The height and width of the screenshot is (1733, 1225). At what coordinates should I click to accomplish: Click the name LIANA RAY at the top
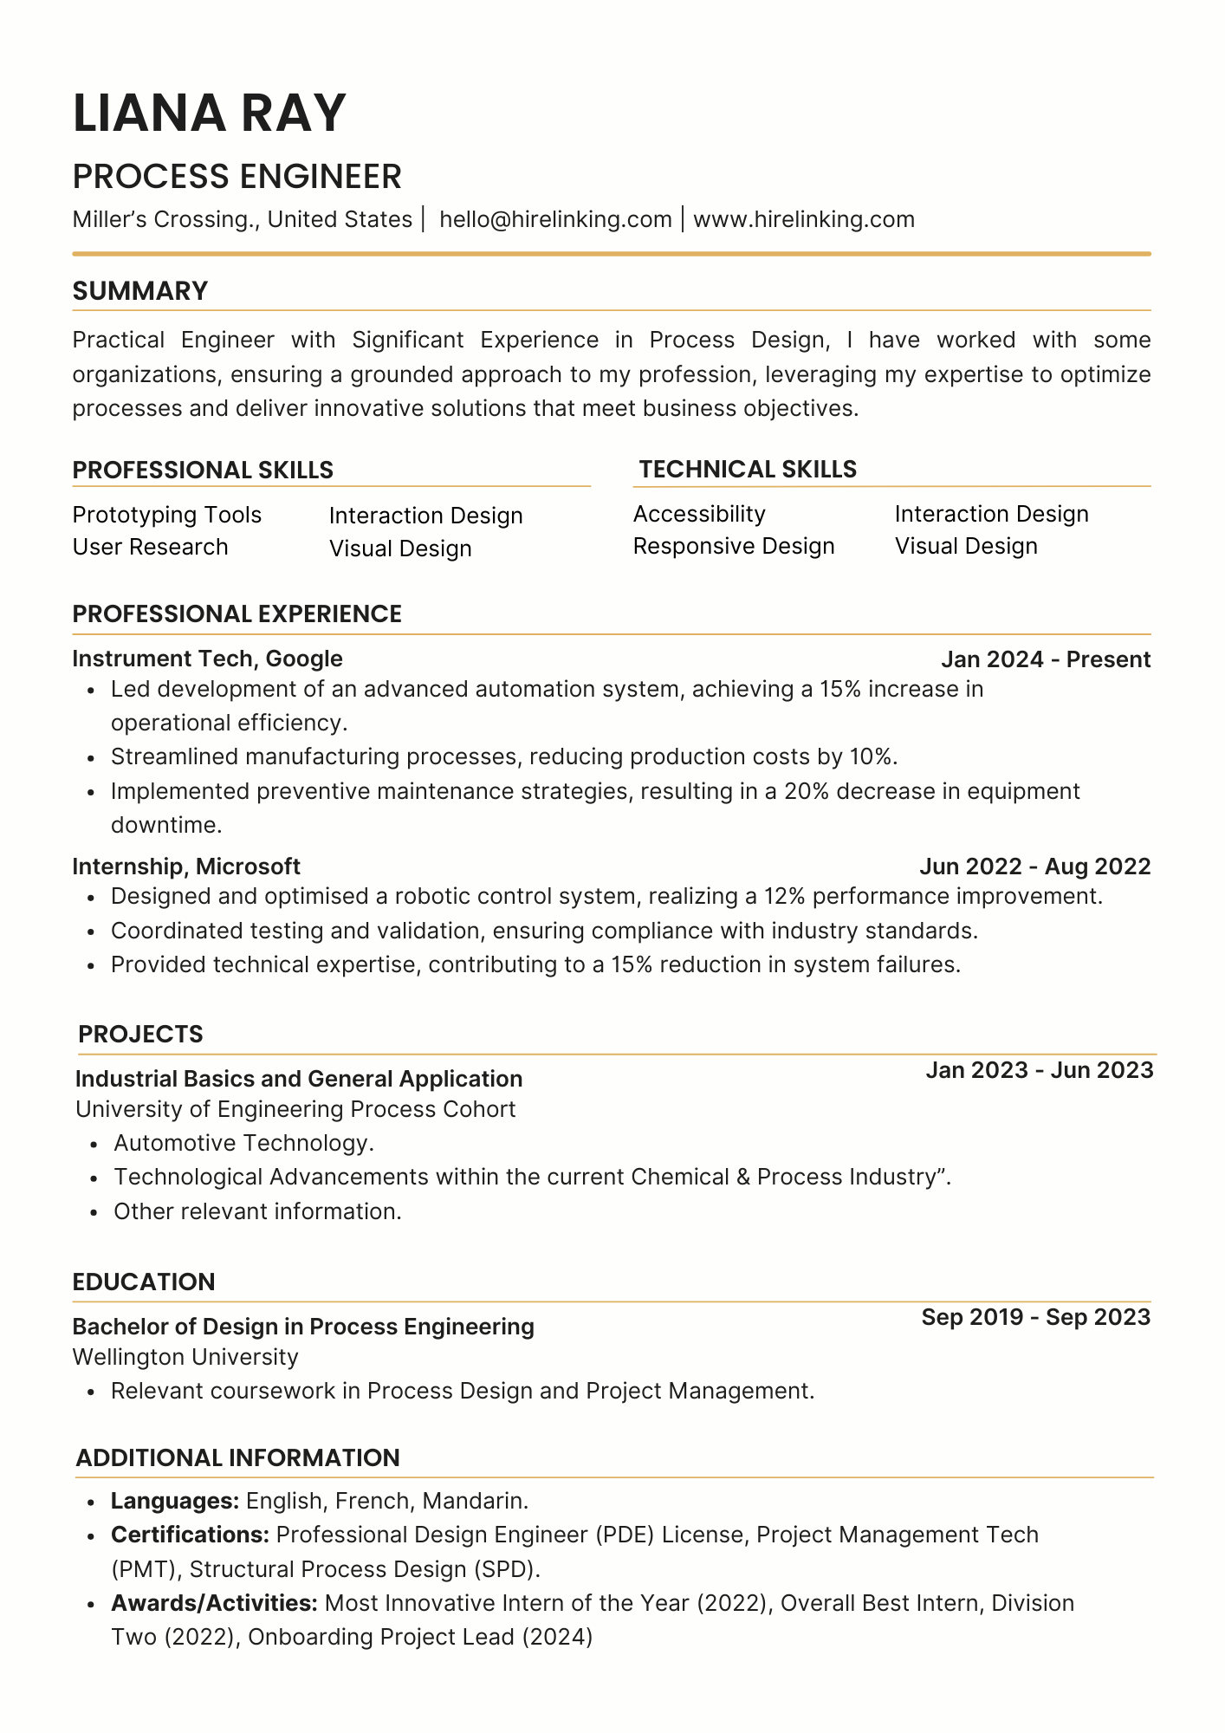point(210,114)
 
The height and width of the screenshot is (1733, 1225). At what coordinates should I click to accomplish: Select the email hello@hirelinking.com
point(555,219)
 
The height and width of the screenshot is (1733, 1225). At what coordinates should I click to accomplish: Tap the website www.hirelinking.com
point(804,219)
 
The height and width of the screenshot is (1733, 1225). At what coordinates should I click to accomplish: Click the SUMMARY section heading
point(140,291)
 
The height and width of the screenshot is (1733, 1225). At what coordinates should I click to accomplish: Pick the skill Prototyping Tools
point(166,515)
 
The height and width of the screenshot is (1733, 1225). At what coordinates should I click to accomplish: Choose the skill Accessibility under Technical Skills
point(699,514)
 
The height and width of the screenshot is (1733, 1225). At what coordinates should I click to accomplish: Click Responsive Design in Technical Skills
point(734,546)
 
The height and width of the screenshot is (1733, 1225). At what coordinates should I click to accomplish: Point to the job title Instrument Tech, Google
point(207,659)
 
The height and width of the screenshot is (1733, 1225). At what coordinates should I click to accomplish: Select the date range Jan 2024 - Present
point(1046,659)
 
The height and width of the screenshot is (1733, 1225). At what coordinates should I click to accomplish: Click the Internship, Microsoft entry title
point(186,866)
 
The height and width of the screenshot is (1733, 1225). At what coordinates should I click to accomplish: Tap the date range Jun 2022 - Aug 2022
point(1034,866)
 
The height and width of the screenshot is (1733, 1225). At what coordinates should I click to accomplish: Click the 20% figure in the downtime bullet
point(806,791)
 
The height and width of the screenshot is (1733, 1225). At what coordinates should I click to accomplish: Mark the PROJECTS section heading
point(140,1034)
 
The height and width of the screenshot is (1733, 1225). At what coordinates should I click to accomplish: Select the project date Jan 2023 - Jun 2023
point(1040,1070)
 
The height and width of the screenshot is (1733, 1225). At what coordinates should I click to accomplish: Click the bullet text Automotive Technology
point(243,1143)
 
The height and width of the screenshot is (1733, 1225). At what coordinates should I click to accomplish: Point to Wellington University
point(185,1357)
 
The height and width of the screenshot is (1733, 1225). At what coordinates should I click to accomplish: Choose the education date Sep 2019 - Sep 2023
point(1035,1317)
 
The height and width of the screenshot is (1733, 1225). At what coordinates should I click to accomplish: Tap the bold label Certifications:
point(191,1535)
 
